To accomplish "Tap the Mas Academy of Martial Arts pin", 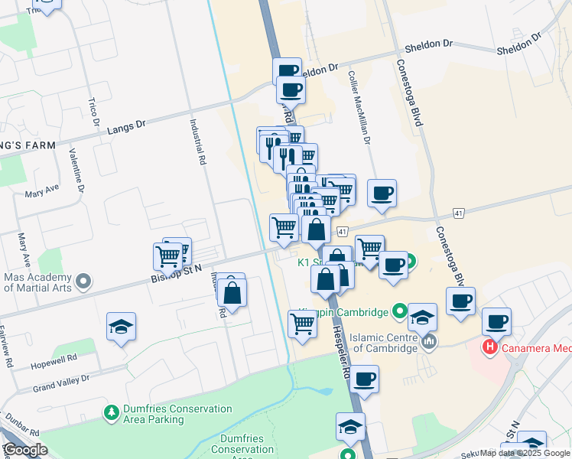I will [84, 282].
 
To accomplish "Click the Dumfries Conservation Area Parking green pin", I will [112, 413].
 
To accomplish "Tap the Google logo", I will [24, 450].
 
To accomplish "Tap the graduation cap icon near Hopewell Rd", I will [121, 327].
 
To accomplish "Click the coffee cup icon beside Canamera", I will [496, 321].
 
